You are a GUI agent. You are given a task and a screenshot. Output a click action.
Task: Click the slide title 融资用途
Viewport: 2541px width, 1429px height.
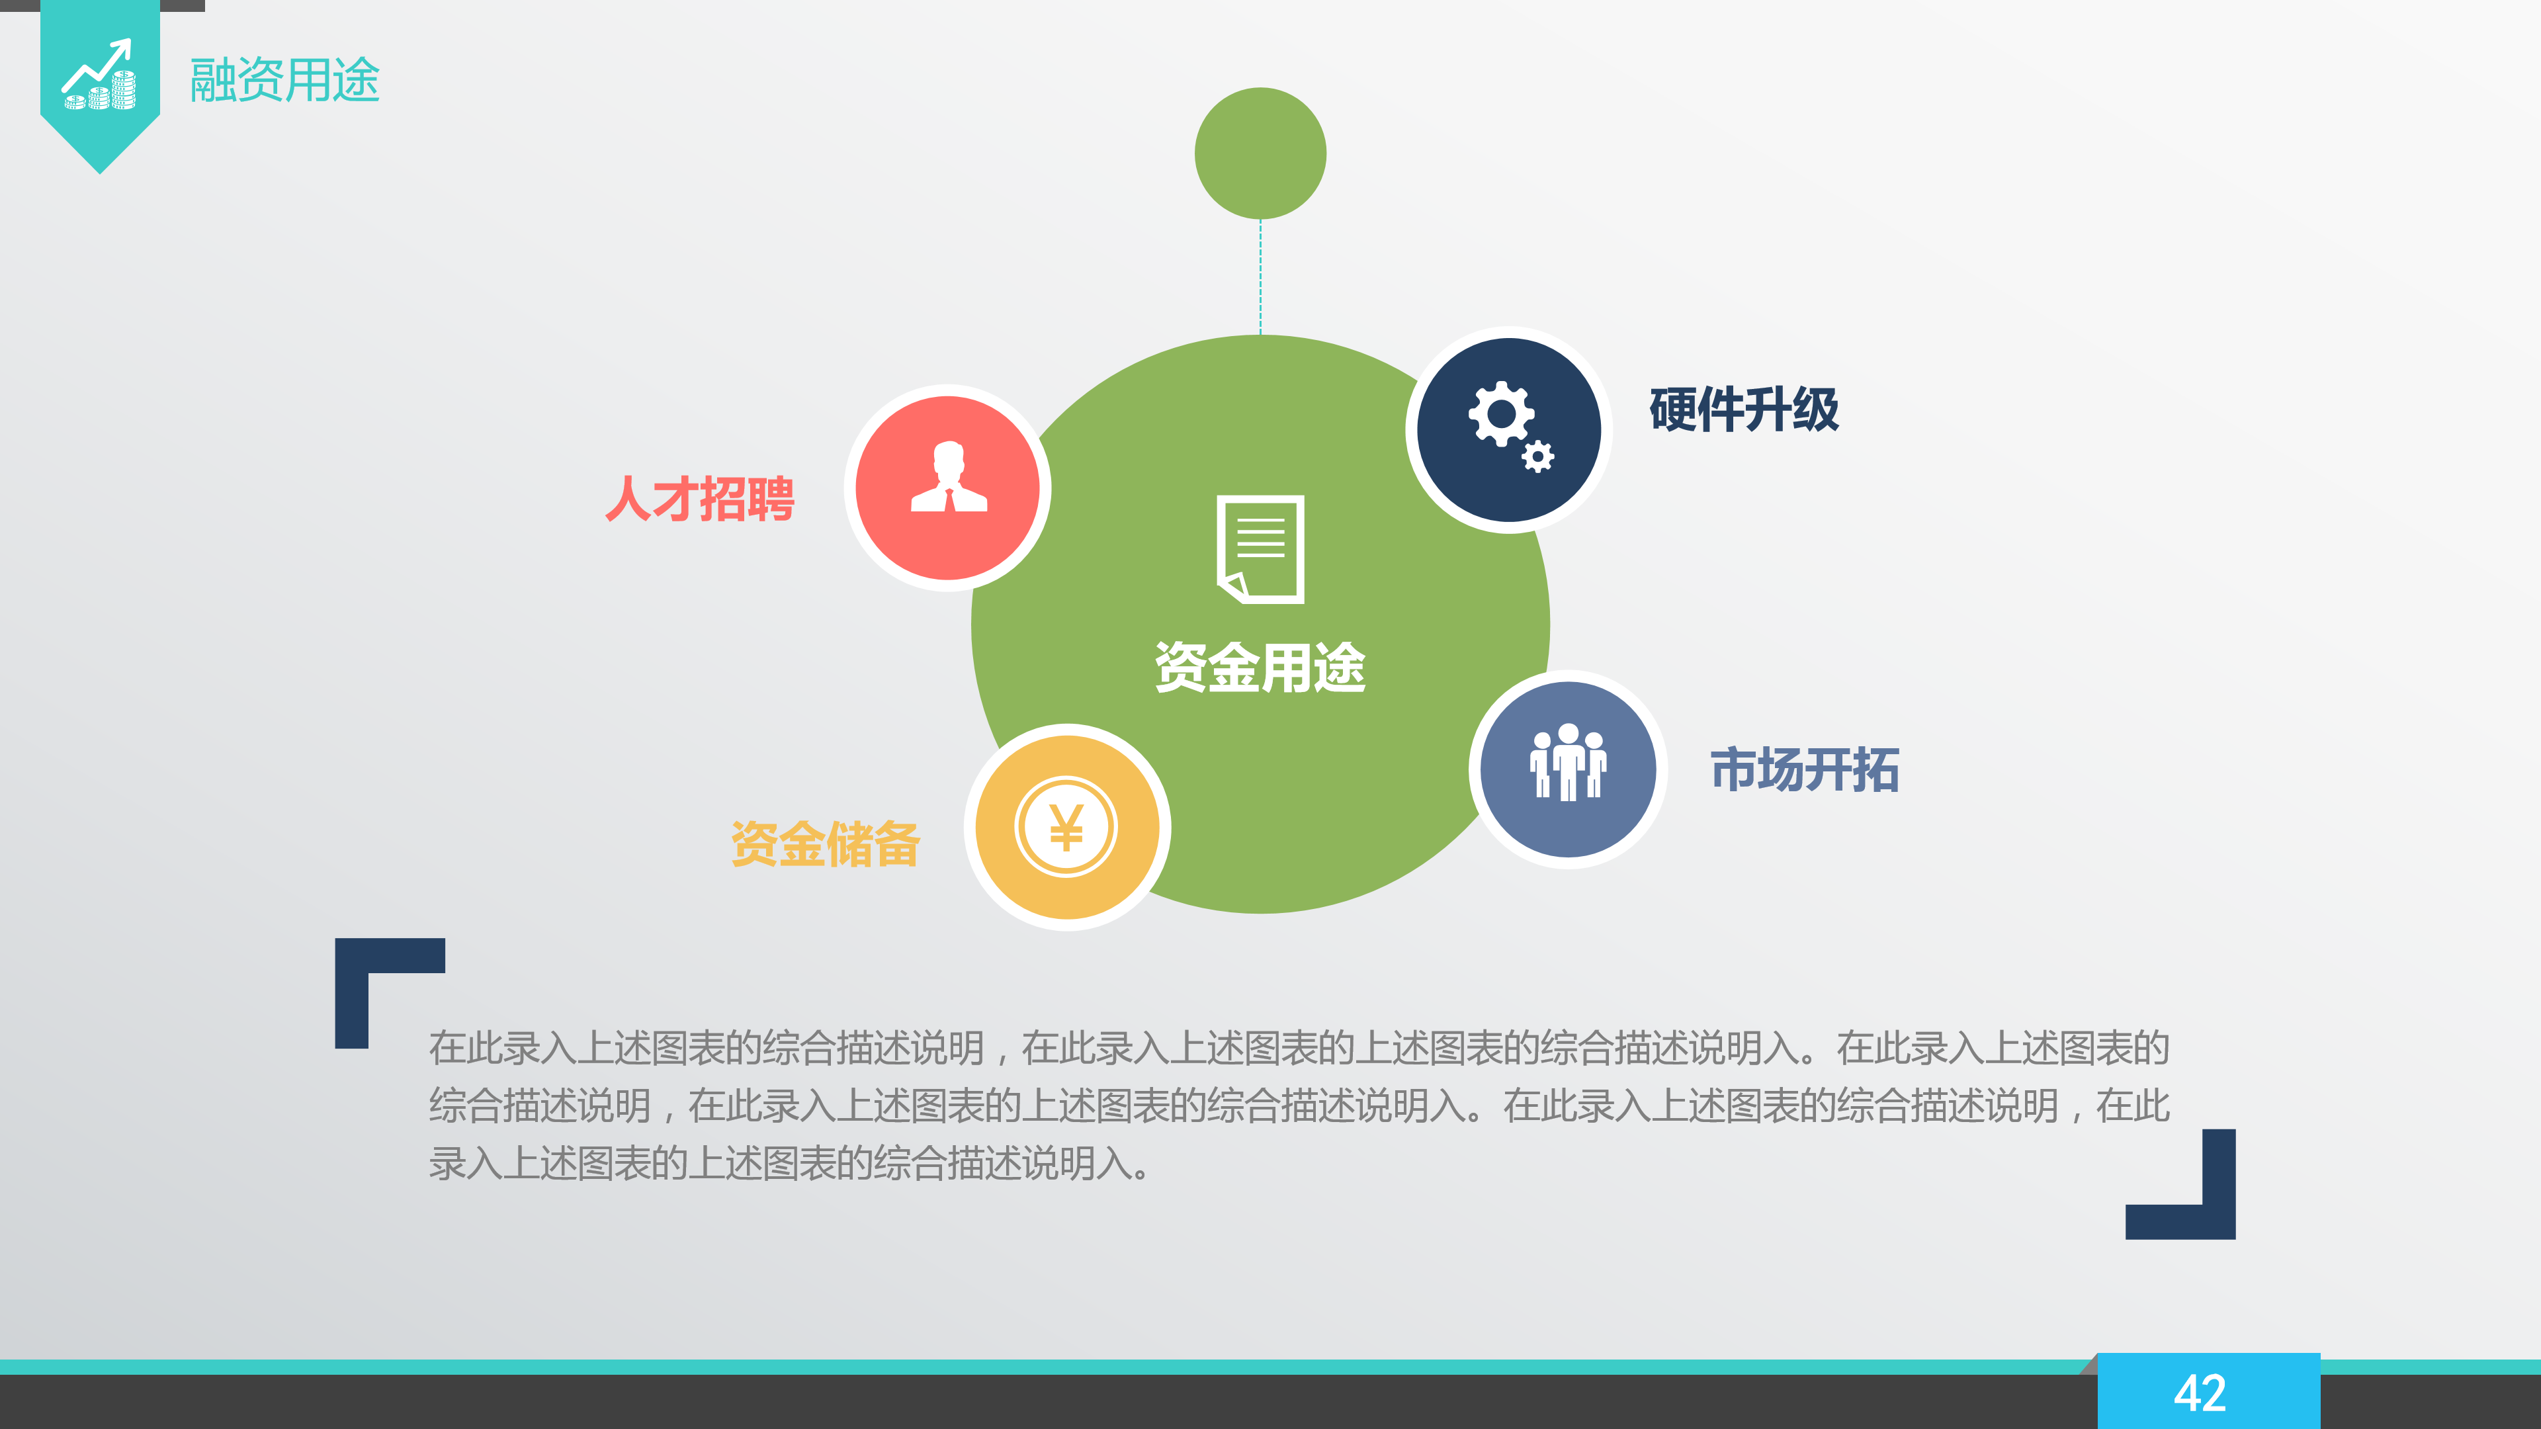click(284, 80)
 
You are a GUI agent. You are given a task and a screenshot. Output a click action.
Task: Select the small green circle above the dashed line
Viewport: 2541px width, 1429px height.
click(1260, 153)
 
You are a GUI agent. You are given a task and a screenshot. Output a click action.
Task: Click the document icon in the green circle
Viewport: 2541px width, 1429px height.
click(1260, 548)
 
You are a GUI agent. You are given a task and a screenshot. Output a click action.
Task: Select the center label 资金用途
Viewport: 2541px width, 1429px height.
click(1260, 668)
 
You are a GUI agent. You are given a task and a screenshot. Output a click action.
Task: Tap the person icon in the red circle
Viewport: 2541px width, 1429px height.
click(948, 478)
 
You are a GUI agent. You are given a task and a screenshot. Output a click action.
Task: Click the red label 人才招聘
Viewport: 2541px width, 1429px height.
click(699, 499)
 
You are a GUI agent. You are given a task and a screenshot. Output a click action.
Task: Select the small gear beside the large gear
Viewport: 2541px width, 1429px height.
click(1537, 456)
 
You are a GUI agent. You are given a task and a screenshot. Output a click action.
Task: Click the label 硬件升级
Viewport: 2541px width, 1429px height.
click(1743, 410)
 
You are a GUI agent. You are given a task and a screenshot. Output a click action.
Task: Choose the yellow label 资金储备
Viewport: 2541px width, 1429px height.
click(825, 844)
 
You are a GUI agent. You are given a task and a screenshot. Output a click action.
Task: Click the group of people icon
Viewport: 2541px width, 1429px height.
click(1567, 762)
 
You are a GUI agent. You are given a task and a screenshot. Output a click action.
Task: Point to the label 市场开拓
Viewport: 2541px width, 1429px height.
click(1804, 770)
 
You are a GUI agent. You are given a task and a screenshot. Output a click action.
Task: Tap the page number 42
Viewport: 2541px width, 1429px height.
click(2200, 1393)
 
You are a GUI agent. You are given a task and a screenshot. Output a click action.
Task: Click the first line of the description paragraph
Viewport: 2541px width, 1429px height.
click(1298, 1047)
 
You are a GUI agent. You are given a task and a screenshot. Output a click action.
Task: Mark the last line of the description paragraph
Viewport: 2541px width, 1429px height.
click(789, 1164)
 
